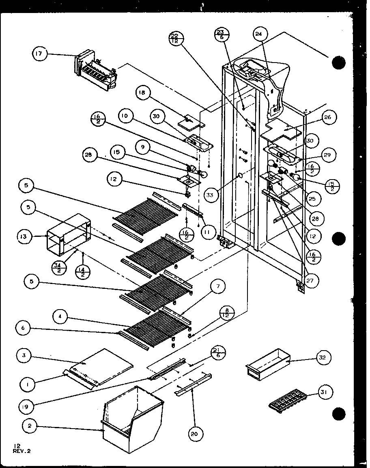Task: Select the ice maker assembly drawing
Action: click(x=96, y=71)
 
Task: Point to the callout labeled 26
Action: click(x=328, y=117)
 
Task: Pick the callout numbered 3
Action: click(x=24, y=356)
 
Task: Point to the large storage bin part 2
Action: click(x=132, y=418)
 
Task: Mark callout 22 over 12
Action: click(x=176, y=39)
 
